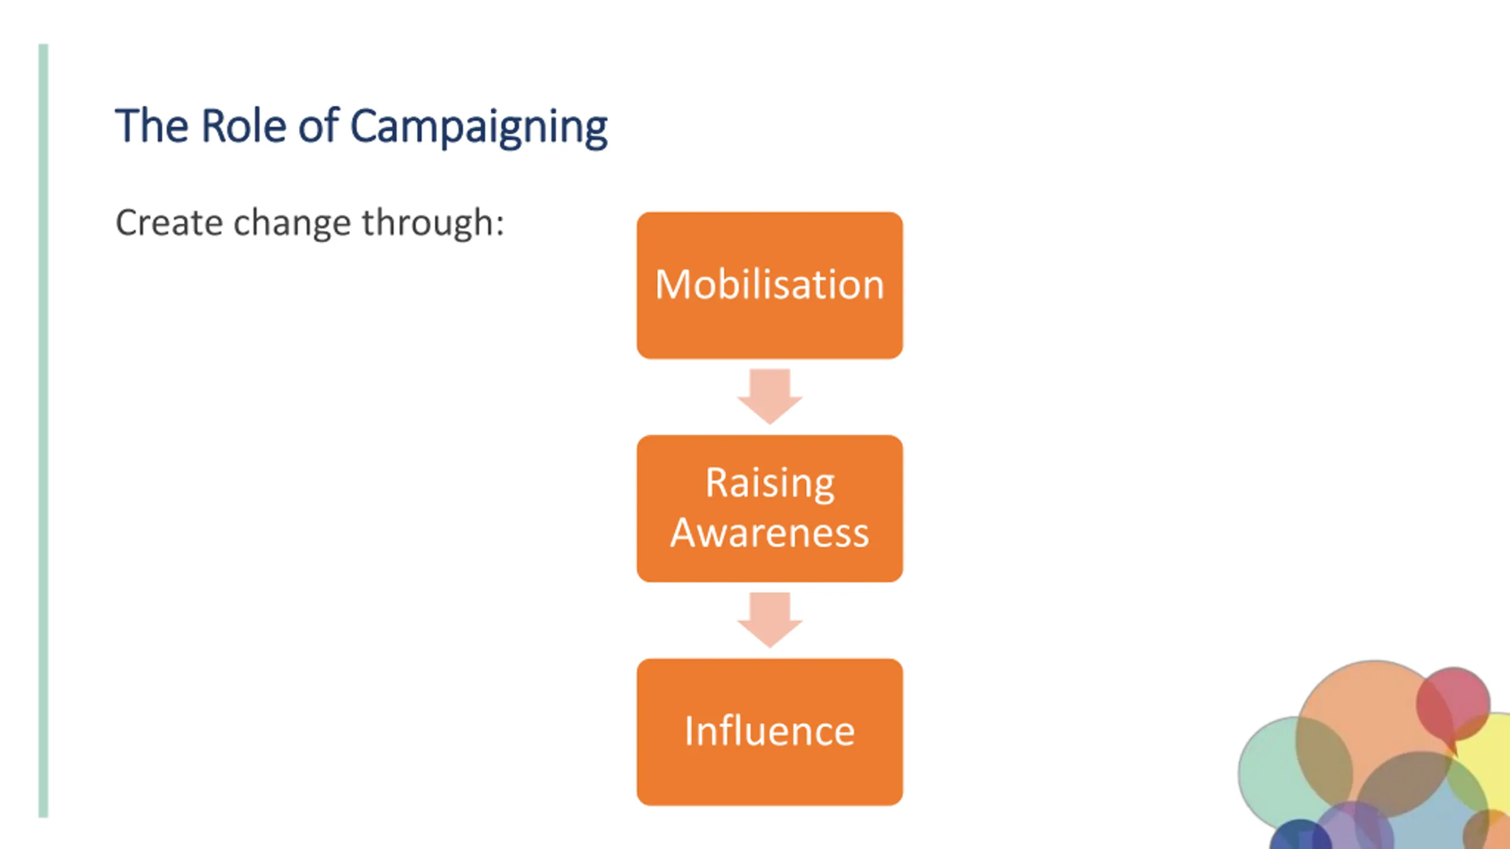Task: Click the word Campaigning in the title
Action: click(x=478, y=127)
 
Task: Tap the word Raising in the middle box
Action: click(x=769, y=483)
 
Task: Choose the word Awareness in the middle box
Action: click(x=769, y=533)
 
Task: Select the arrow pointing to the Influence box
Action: click(x=769, y=619)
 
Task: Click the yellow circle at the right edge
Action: click(x=1492, y=761)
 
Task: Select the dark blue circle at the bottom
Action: click(x=1298, y=837)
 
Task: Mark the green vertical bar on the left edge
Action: click(x=43, y=430)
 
